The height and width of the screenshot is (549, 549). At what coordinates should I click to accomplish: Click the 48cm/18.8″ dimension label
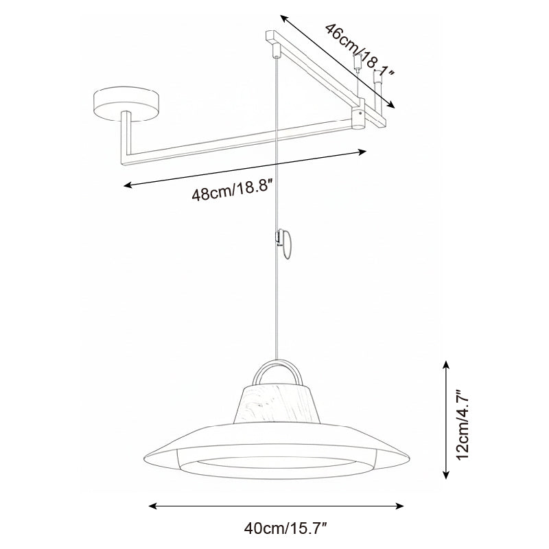tap(233, 189)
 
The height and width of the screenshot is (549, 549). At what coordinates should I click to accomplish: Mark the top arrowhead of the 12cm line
tap(447, 363)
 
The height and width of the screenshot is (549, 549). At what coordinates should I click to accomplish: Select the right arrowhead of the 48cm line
tap(365, 152)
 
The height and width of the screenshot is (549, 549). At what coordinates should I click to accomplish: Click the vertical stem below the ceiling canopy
tap(126, 137)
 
